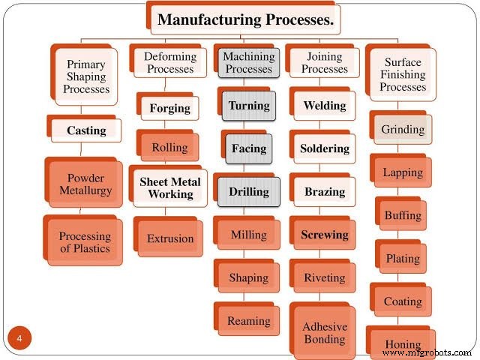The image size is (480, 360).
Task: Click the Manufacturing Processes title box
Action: click(x=244, y=20)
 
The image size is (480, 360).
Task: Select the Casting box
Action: click(x=86, y=130)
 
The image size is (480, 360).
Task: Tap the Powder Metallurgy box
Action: click(x=85, y=184)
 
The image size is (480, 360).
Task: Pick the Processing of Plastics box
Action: click(x=85, y=242)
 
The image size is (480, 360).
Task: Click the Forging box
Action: click(x=169, y=108)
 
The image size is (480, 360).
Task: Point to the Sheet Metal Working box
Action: click(x=170, y=187)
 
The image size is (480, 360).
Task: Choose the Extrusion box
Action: click(x=169, y=239)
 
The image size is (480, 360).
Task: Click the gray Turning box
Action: click(x=249, y=106)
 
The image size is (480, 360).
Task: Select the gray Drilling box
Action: click(x=249, y=192)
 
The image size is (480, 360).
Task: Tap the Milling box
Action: click(x=249, y=235)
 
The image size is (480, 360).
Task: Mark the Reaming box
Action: click(x=249, y=321)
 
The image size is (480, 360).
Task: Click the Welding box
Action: click(x=324, y=106)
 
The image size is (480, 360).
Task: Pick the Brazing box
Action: click(x=324, y=192)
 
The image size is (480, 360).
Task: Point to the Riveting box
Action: click(x=324, y=278)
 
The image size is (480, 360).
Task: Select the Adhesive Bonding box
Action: click(x=324, y=333)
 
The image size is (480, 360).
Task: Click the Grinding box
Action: click(x=403, y=130)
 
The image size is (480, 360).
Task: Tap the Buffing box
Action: click(x=403, y=216)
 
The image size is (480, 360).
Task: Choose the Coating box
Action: click(x=403, y=302)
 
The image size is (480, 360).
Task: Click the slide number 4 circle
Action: click(x=19, y=338)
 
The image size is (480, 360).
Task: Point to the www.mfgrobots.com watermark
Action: click(x=427, y=352)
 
